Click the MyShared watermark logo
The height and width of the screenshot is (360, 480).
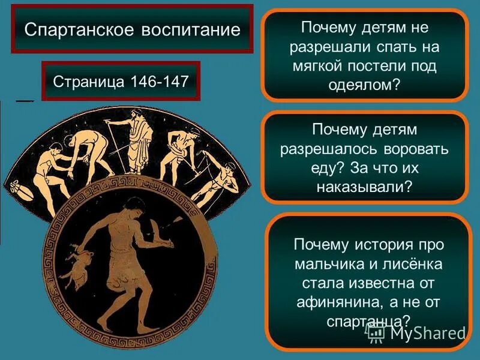click(x=416, y=332)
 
